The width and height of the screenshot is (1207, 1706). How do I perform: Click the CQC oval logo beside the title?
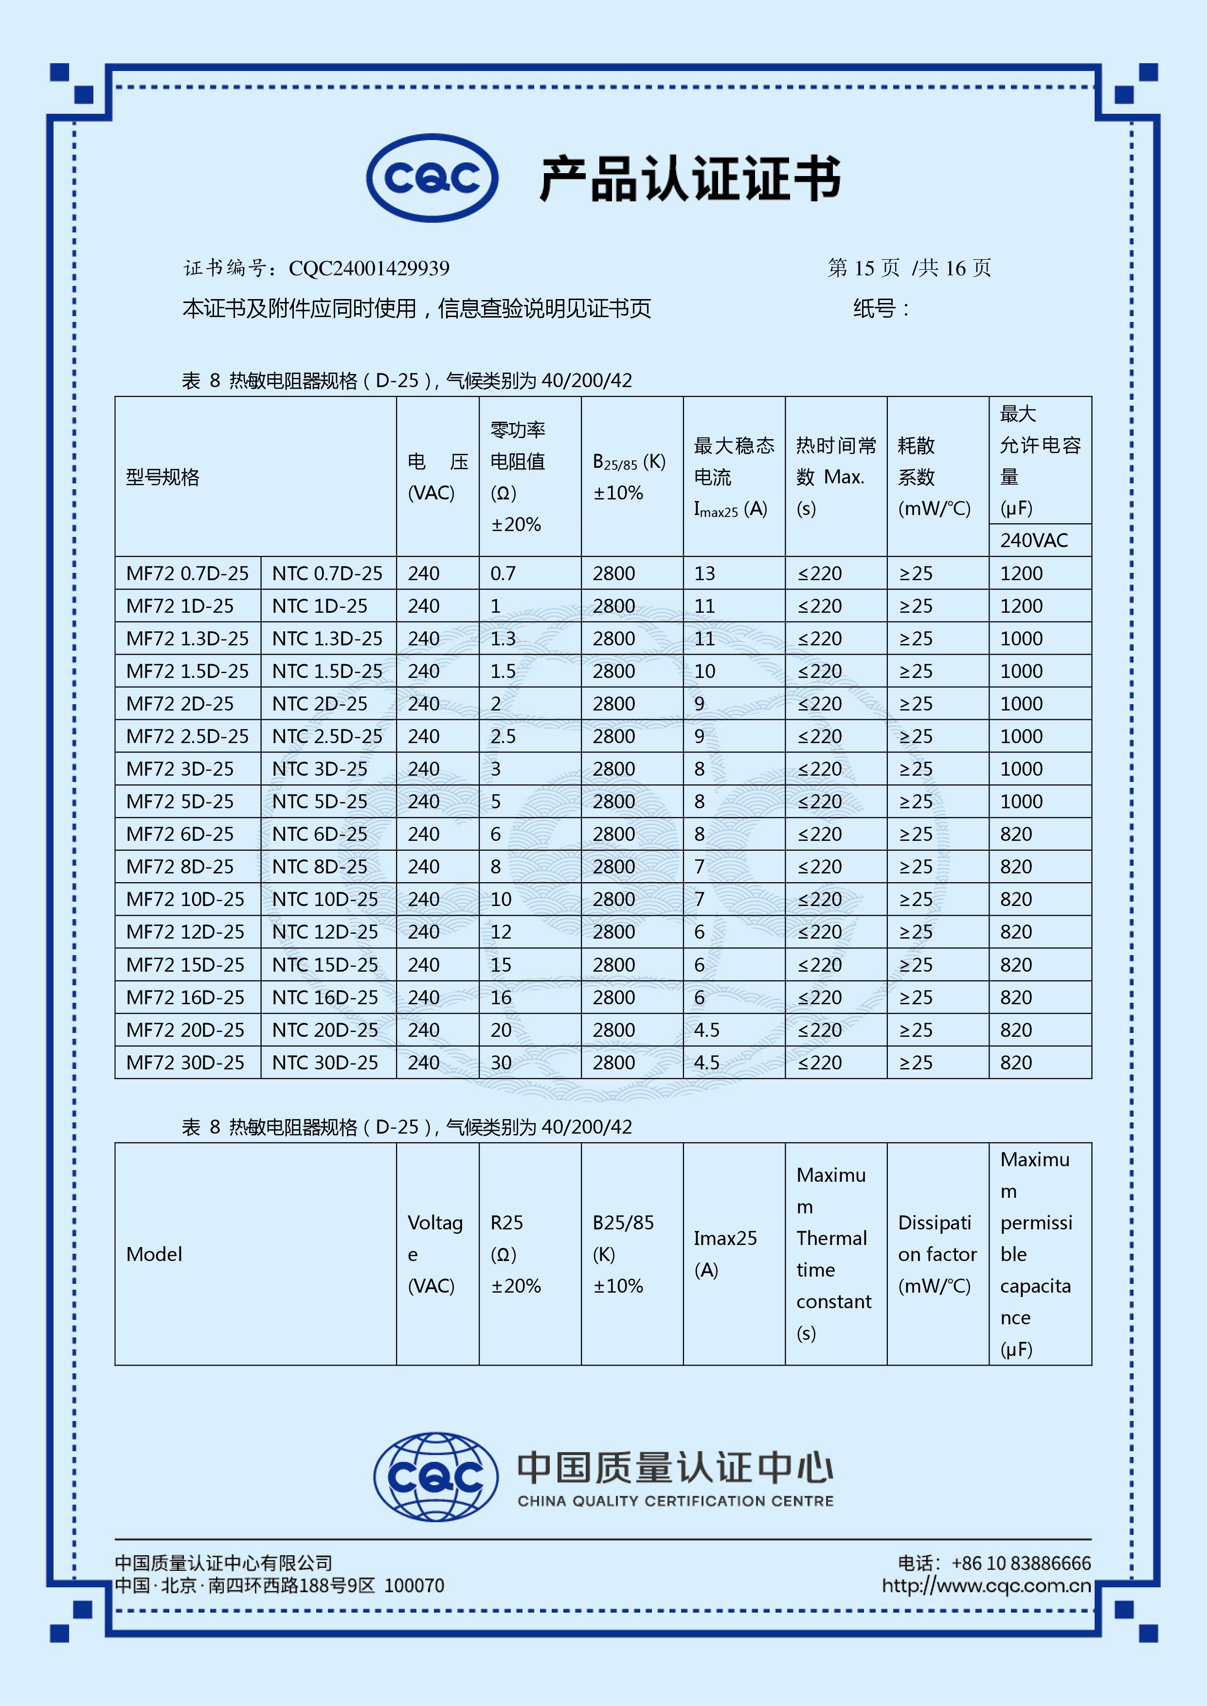(432, 178)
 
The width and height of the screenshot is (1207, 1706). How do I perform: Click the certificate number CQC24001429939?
(369, 268)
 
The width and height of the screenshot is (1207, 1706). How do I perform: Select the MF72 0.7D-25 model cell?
(187, 574)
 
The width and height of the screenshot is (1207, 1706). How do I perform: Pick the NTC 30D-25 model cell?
(325, 1063)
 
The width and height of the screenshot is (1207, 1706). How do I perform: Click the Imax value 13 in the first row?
(704, 574)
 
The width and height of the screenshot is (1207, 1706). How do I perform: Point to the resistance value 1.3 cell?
(503, 639)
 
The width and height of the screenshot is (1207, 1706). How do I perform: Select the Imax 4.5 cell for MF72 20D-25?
(707, 1030)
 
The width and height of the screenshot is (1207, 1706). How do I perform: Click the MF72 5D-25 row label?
(180, 802)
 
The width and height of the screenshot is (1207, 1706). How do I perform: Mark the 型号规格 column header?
(163, 477)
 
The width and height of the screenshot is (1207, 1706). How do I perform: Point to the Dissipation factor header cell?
(937, 1254)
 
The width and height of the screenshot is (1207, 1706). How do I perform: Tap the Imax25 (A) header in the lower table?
(725, 1254)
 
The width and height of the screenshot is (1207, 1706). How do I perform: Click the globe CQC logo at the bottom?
(435, 1476)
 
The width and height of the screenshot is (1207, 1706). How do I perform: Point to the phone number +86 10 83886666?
(1021, 1564)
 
